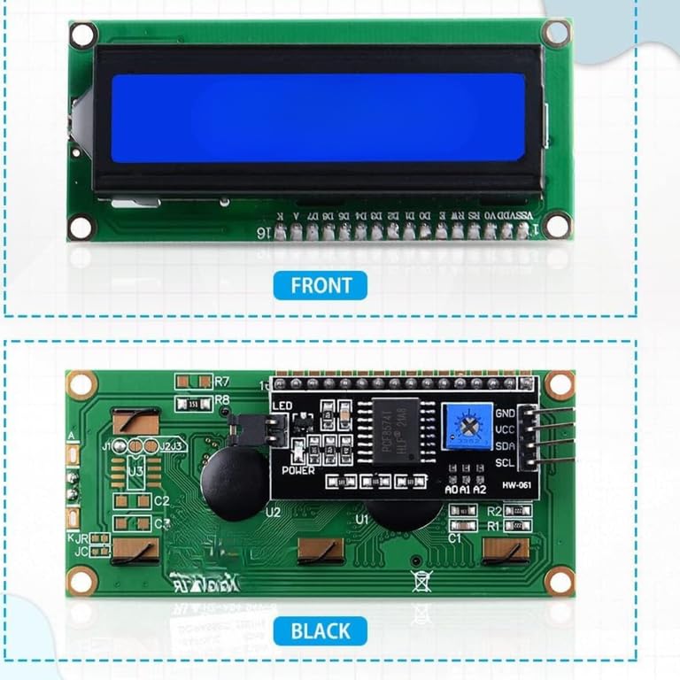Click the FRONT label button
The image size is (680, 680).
tap(321, 285)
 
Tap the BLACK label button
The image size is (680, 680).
tap(321, 630)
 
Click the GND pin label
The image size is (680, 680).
tap(506, 413)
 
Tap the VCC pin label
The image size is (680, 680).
tap(506, 429)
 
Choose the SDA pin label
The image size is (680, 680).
tap(506, 445)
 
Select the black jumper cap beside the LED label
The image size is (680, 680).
tap(245, 430)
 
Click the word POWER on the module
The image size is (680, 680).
tap(297, 470)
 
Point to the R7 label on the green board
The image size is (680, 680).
tap(221, 382)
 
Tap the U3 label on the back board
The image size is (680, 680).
tap(135, 471)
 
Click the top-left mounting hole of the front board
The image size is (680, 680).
tap(82, 35)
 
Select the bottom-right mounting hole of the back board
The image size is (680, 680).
tap(560, 581)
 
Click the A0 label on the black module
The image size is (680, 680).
tap(452, 489)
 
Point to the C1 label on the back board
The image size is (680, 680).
tap(454, 537)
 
